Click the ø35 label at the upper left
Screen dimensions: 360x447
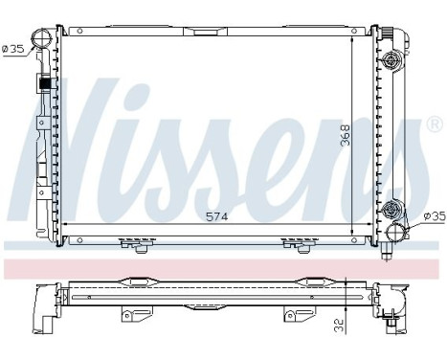[x=13, y=50]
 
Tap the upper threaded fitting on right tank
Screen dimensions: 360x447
[x=390, y=61]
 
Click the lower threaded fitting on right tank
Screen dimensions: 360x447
[x=390, y=209]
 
